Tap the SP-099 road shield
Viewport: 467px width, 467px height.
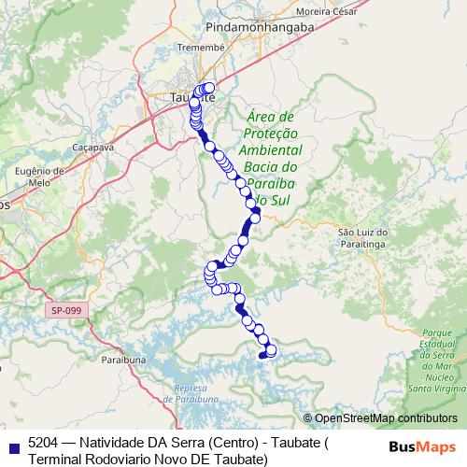[x=65, y=309]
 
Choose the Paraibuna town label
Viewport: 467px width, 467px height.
[x=120, y=357]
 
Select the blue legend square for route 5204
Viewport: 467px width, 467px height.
[x=10, y=444]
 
